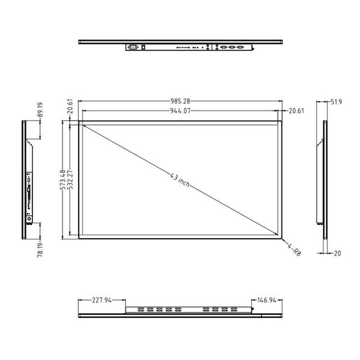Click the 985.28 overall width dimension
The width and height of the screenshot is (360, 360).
(180, 101)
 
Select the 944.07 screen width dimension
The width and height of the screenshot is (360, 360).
(180, 111)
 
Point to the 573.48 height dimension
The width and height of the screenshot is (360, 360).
(62, 180)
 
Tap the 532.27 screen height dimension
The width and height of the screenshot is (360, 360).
(70, 180)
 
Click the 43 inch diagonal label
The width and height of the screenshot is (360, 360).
(180, 180)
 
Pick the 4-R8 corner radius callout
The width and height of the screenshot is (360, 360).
(294, 250)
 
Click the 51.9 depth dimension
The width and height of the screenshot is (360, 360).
(336, 102)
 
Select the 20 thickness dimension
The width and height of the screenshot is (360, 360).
(337, 253)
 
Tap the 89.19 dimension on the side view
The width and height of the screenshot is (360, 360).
(40, 110)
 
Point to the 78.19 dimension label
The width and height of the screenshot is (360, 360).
(40, 250)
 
